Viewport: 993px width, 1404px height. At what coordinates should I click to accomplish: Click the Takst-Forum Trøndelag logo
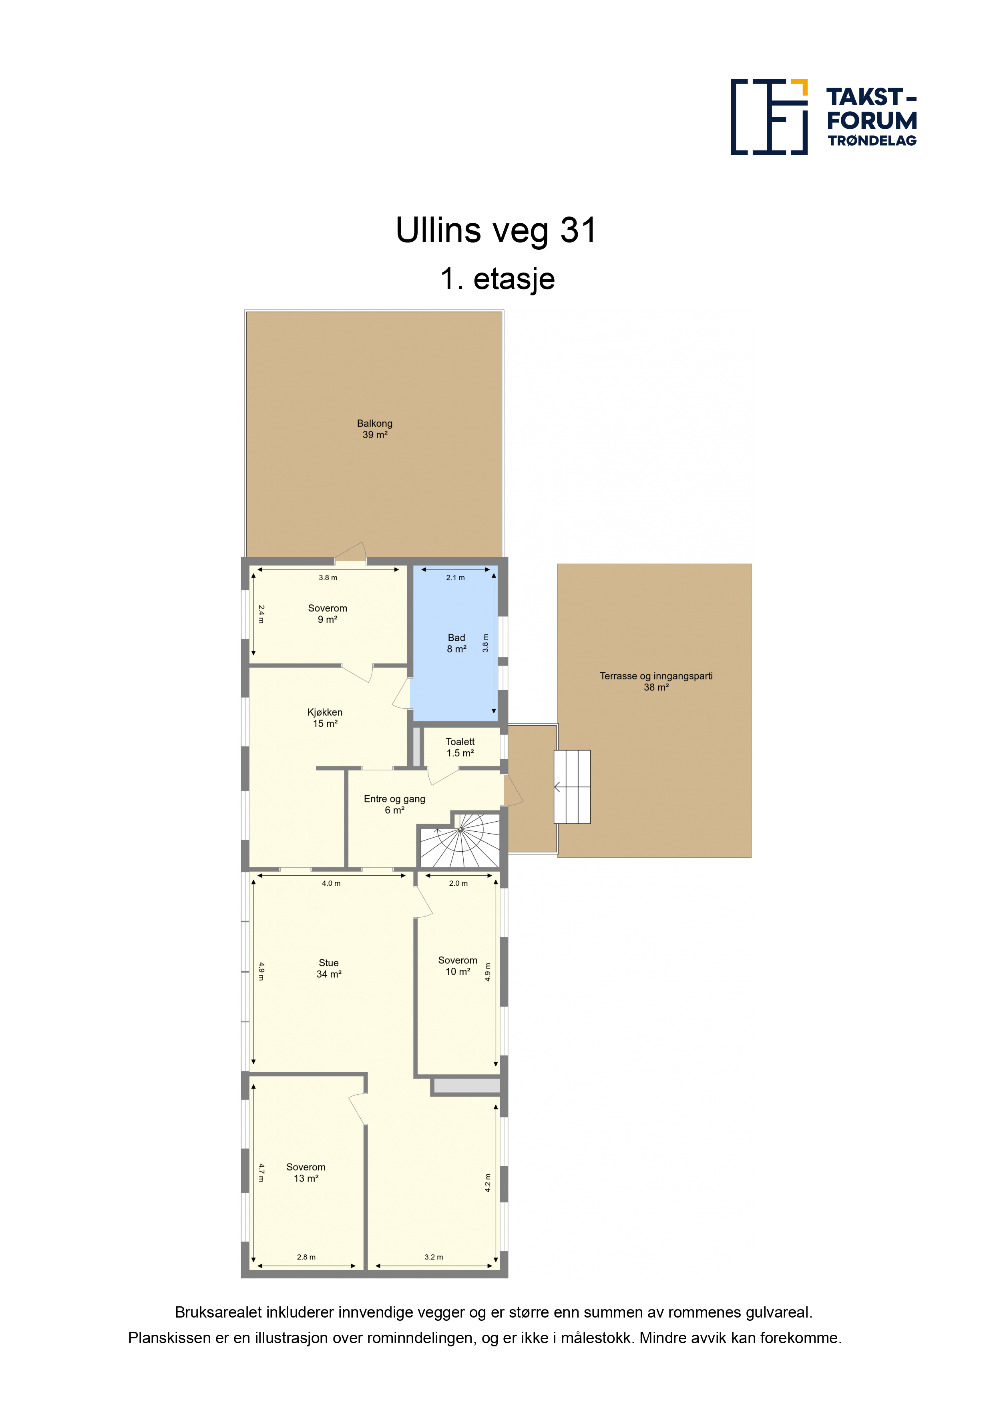[824, 117]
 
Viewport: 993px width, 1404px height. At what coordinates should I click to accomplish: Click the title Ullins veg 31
[496, 231]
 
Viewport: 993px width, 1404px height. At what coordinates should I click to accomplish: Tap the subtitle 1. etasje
[497, 279]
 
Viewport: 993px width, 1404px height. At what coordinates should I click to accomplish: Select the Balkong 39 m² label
[374, 429]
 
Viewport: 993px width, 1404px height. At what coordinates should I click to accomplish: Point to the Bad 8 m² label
[456, 643]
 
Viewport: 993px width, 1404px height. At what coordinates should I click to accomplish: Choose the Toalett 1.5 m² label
[460, 747]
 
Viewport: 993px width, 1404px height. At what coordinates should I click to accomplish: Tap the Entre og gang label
[395, 798]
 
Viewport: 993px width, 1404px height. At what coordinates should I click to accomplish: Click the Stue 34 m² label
[329, 969]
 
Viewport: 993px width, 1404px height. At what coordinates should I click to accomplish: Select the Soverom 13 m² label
[306, 1173]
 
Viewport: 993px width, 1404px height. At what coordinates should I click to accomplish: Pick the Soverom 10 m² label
[458, 966]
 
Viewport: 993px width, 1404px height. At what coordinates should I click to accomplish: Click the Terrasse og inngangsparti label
[656, 676]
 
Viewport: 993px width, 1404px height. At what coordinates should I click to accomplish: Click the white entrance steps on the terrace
[572, 787]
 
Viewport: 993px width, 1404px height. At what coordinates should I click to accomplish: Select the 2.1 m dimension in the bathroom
[455, 577]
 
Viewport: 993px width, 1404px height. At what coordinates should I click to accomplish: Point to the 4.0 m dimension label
[331, 883]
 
